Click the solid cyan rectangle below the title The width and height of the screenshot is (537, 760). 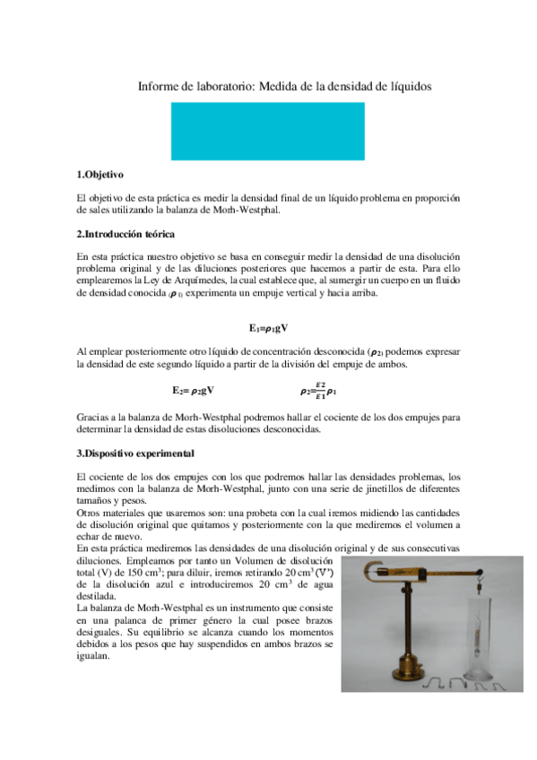click(267, 131)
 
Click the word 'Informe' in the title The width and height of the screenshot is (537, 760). click(157, 87)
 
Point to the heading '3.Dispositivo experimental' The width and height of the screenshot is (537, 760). click(134, 453)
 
